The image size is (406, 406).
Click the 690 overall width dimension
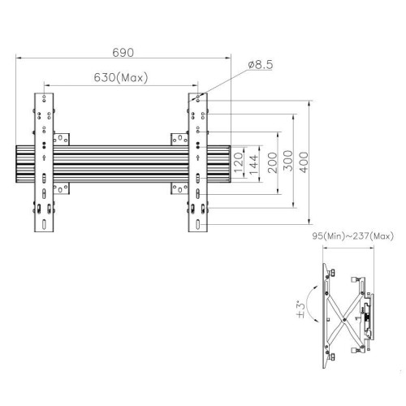(123, 53)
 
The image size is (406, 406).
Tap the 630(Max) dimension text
(121, 78)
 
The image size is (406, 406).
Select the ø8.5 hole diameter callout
(261, 65)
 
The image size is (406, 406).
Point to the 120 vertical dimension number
(238, 162)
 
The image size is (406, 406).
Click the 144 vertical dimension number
(253, 165)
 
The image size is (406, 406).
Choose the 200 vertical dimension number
(273, 162)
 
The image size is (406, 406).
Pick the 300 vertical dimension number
(288, 161)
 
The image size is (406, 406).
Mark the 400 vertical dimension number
(304, 162)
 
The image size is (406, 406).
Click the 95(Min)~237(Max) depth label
(353, 236)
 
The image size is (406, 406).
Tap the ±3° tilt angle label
(301, 309)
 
